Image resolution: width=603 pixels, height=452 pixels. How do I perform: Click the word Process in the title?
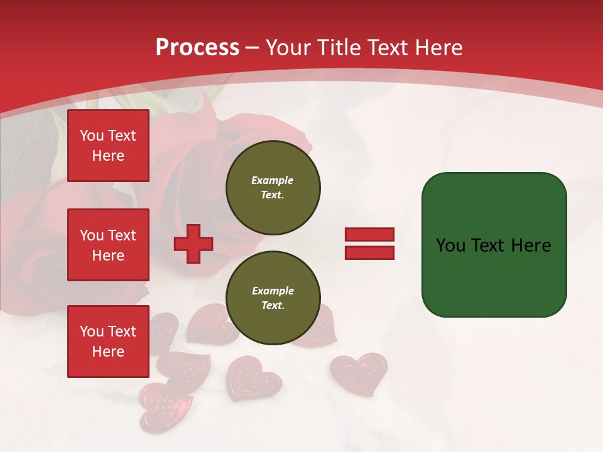tap(197, 48)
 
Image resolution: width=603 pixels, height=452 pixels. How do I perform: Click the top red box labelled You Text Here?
tap(108, 146)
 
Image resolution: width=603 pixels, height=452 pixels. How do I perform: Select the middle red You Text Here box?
tap(108, 245)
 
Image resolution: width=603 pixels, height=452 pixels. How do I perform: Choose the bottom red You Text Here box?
tap(108, 342)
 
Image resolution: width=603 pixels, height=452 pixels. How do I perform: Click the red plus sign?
tap(193, 244)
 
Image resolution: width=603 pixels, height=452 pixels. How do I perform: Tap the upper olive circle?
tap(273, 188)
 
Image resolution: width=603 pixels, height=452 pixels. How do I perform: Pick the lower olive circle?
tap(273, 298)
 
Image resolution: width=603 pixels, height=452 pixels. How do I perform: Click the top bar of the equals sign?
tap(369, 235)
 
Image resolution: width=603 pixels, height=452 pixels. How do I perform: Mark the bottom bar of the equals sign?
tap(369, 252)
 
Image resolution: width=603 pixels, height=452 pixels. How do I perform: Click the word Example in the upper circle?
tap(273, 180)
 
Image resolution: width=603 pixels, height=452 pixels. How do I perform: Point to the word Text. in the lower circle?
tap(273, 306)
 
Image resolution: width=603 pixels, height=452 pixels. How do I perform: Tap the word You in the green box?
tap(450, 245)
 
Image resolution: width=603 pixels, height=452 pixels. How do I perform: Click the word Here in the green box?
tap(531, 245)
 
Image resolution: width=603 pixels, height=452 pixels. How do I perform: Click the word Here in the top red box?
tap(108, 156)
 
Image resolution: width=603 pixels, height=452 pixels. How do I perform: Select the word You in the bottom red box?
tap(92, 331)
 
